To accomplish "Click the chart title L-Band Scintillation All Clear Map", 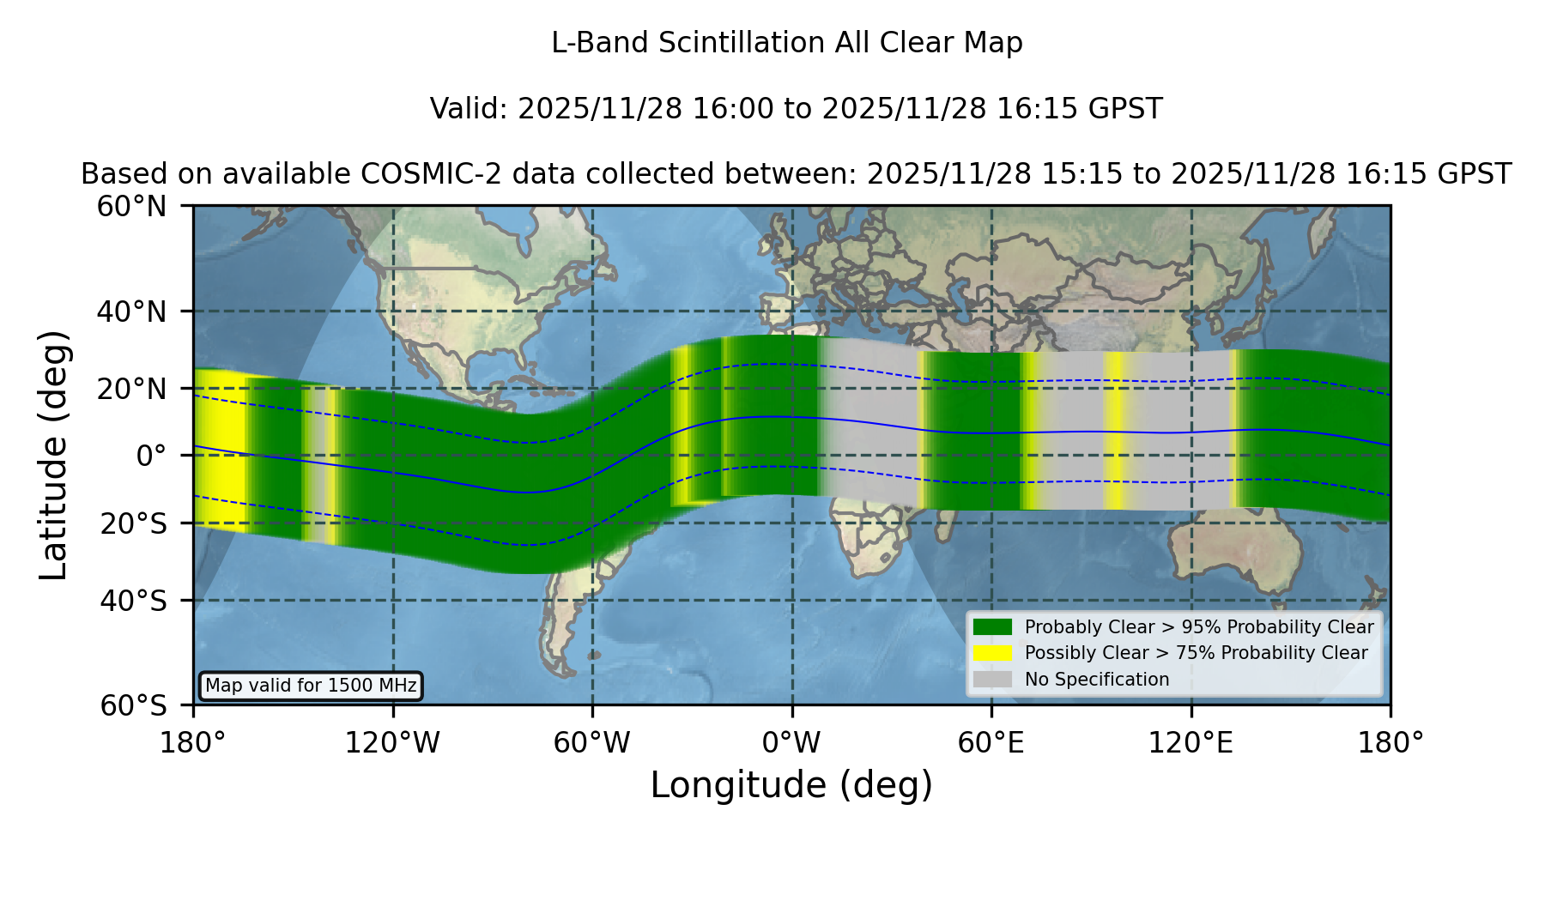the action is (787, 43).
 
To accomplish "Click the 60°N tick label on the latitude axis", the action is (131, 207).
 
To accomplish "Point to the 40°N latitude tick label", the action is (131, 311).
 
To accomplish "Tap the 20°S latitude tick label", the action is (133, 523).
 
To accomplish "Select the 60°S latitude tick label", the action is (133, 705).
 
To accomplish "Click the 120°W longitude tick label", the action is (392, 743).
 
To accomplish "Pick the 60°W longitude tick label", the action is (592, 743).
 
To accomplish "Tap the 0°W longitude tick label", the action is (791, 743).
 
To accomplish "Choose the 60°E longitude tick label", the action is (991, 743).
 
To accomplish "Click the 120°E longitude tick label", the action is (1191, 743).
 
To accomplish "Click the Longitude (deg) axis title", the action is (791, 785).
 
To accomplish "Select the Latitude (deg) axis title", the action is (54, 455).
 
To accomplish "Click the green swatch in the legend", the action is (993, 627).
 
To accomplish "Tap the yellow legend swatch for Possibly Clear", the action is (993, 653).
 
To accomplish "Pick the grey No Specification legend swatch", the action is (993, 680).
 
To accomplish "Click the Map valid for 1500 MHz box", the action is (311, 686).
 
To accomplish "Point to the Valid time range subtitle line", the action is (796, 109).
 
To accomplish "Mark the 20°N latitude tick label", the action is (131, 389).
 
